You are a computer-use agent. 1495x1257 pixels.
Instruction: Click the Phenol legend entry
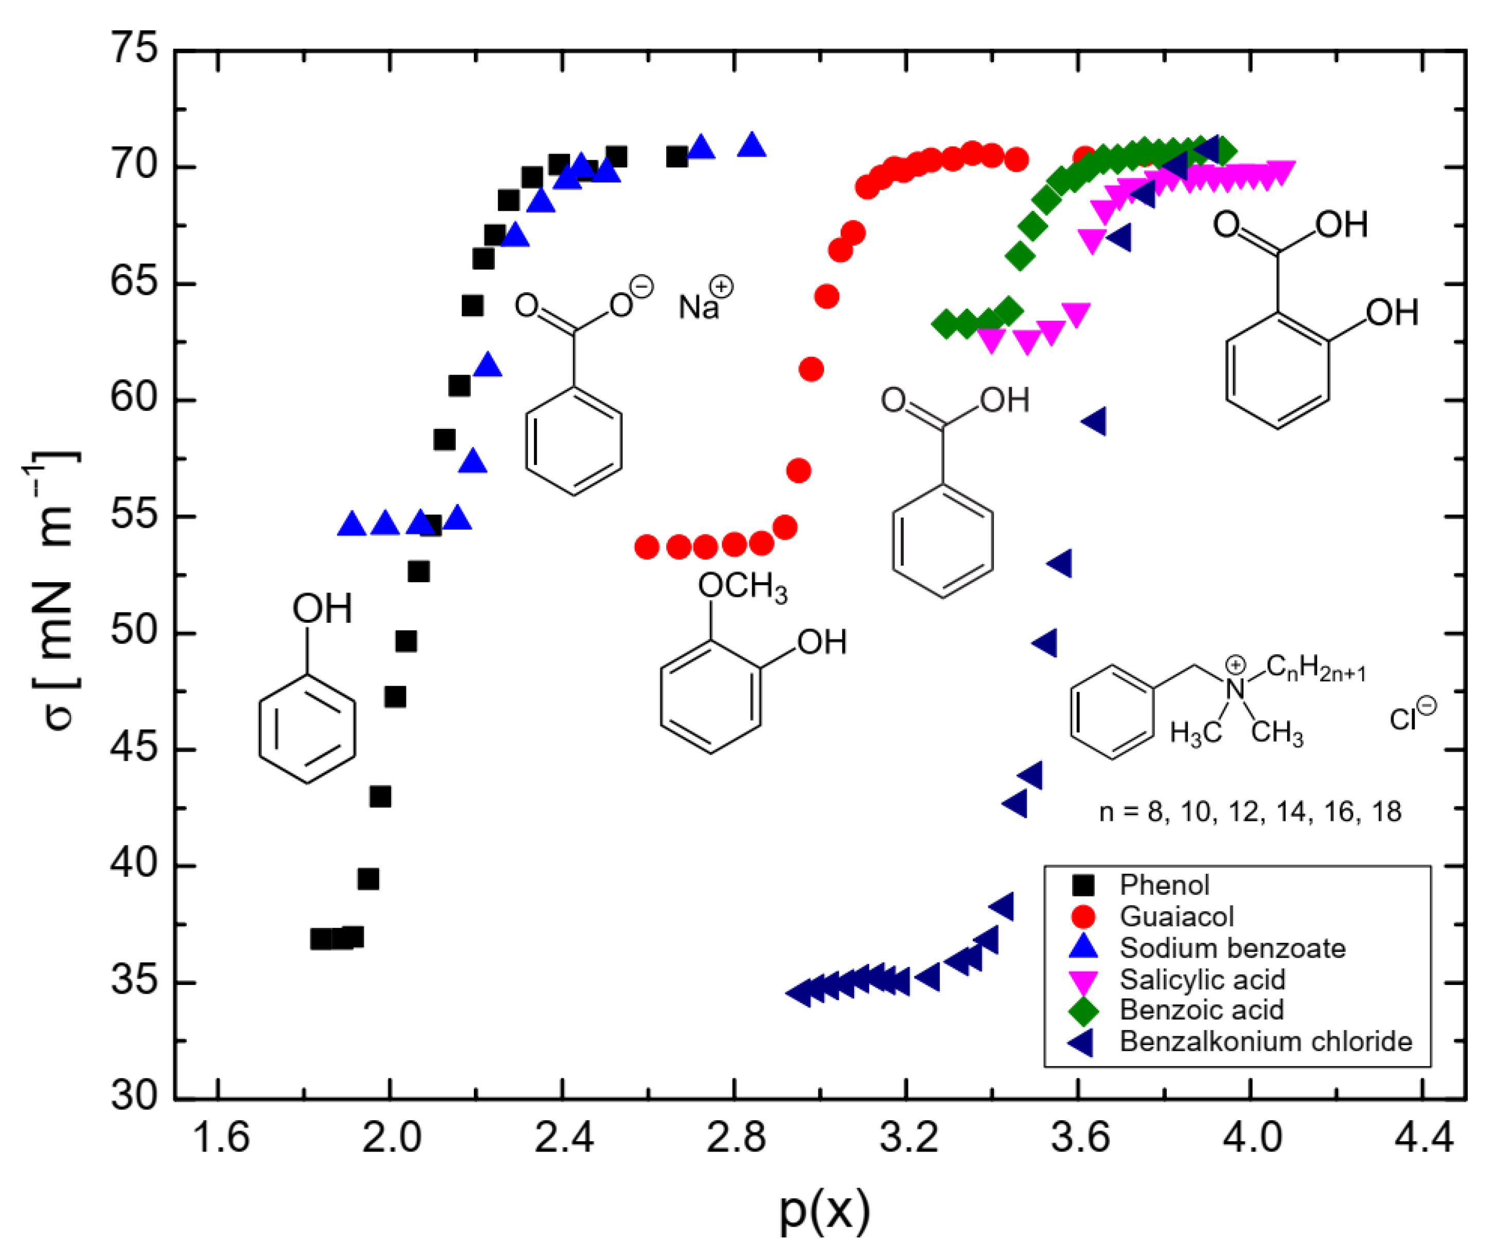point(1164,885)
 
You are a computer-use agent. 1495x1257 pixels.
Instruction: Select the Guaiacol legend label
point(1177,917)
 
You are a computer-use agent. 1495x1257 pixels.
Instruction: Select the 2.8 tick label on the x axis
point(734,1138)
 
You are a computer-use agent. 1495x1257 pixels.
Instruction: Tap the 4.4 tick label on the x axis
point(1423,1138)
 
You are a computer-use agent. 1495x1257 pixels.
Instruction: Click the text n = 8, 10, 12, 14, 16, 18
point(1250,812)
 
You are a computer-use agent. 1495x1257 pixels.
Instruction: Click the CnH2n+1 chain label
point(1315,669)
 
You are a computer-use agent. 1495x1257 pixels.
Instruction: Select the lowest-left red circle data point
point(646,547)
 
